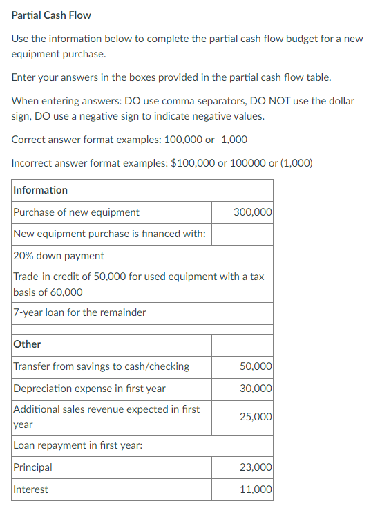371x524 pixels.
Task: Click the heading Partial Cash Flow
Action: tap(51, 15)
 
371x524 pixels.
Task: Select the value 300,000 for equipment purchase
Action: tap(253, 212)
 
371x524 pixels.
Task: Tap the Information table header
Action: tap(40, 190)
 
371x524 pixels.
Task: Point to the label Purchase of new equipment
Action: tap(76, 212)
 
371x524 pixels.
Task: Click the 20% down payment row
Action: tap(59, 256)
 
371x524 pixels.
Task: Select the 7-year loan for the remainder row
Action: tap(79, 312)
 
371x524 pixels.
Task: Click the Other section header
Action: tap(27, 344)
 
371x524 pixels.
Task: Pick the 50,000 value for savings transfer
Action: tap(256, 366)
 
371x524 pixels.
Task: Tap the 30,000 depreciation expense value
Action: tap(256, 389)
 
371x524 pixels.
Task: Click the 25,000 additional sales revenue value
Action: tap(256, 417)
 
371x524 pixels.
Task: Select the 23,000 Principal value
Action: tap(256, 467)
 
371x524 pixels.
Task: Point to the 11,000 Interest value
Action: tap(256, 489)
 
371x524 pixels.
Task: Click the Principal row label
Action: tap(32, 467)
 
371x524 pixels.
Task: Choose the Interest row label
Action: tap(30, 489)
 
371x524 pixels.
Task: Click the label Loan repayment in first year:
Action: tap(77, 445)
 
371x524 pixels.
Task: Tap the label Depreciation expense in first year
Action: tap(89, 389)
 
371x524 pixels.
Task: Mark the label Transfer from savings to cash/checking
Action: tap(101, 366)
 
